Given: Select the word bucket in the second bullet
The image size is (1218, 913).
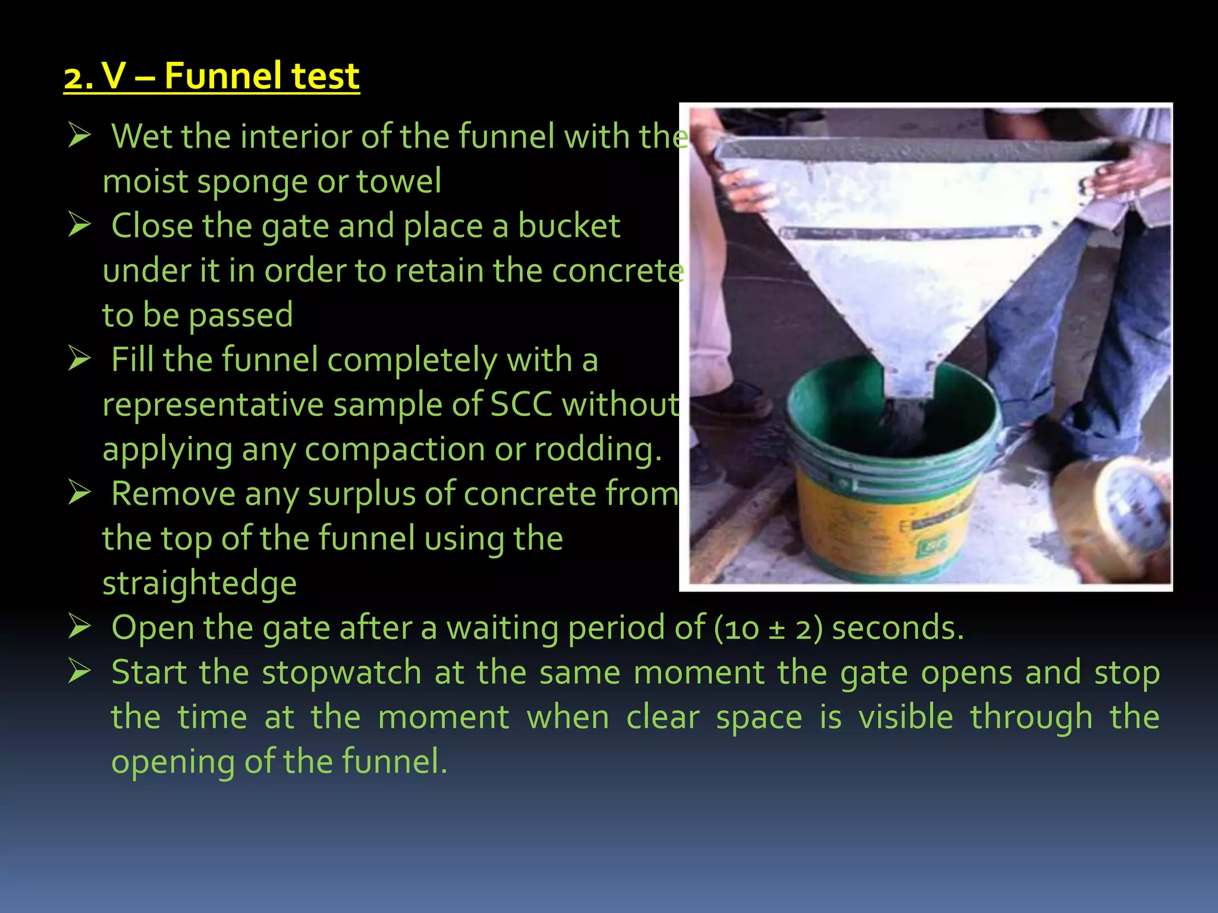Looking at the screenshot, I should (x=569, y=226).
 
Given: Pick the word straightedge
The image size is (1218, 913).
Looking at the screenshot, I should (x=199, y=584).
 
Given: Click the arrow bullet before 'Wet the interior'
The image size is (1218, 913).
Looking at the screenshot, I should (x=79, y=135).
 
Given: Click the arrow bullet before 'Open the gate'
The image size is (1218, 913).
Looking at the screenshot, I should (x=79, y=626).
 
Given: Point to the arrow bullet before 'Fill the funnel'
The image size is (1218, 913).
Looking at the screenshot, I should (x=79, y=358).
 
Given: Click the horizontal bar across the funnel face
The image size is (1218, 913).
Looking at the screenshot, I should (x=910, y=232).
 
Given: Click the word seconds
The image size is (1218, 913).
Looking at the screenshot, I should (x=897, y=628).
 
